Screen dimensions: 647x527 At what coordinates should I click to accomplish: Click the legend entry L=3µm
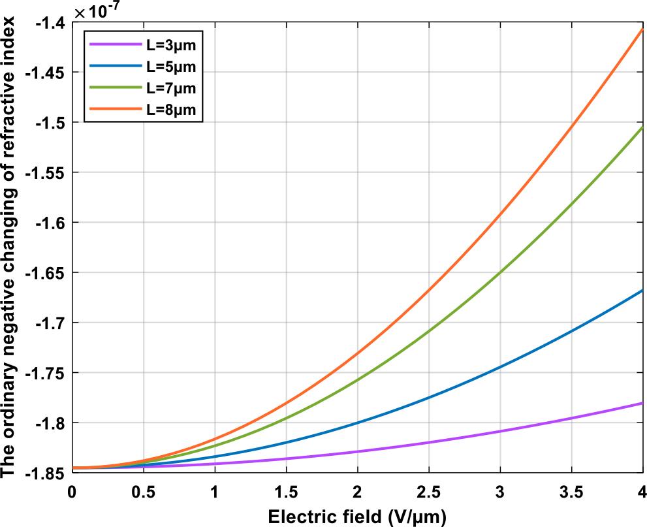pos(171,44)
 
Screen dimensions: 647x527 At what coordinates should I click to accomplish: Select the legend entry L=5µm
pos(171,67)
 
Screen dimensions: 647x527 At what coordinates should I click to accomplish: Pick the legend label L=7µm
pos(171,88)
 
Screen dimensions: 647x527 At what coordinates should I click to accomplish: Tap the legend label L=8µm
pos(171,110)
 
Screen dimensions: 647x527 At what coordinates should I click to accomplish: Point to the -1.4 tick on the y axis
pos(50,23)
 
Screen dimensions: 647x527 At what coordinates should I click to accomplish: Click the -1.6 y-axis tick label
pos(50,223)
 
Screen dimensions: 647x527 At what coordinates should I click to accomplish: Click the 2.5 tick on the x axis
pos(429,492)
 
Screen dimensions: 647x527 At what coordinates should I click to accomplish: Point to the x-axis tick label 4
pos(642,492)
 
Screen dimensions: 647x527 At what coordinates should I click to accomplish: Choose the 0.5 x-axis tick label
pos(144,492)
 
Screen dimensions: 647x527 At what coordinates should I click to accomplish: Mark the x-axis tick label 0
pos(72,492)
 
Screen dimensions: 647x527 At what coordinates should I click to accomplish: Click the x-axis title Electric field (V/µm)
pos(357,517)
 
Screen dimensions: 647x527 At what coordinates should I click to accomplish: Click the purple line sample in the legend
pos(115,44)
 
